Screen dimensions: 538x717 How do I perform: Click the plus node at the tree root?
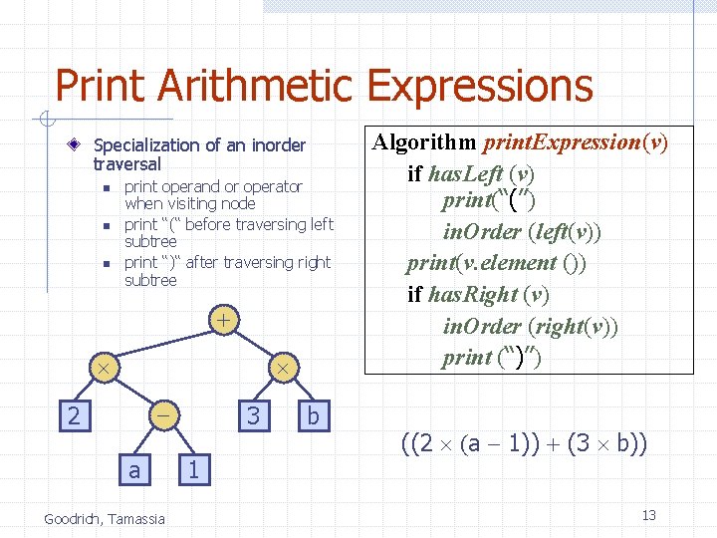[x=225, y=321]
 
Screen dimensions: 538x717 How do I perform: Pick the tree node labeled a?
[x=134, y=468]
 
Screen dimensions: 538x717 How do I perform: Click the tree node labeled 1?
[x=195, y=468]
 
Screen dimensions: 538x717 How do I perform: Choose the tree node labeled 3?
[x=254, y=414]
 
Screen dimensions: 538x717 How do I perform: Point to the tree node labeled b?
[x=313, y=414]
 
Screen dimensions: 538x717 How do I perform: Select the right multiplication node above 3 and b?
[x=283, y=369]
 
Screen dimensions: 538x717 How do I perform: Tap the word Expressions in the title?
[x=480, y=87]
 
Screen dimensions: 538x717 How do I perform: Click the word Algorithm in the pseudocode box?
[x=422, y=142]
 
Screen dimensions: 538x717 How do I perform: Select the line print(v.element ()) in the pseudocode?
[x=496, y=263]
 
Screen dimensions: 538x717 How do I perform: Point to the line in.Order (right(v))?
[x=530, y=326]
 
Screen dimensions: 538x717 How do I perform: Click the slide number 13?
[x=648, y=515]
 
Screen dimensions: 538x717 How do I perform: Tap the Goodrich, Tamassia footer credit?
[x=105, y=517]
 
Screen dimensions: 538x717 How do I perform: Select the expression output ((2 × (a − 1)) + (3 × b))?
[x=524, y=443]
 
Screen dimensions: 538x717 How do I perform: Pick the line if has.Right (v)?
[x=478, y=295]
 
